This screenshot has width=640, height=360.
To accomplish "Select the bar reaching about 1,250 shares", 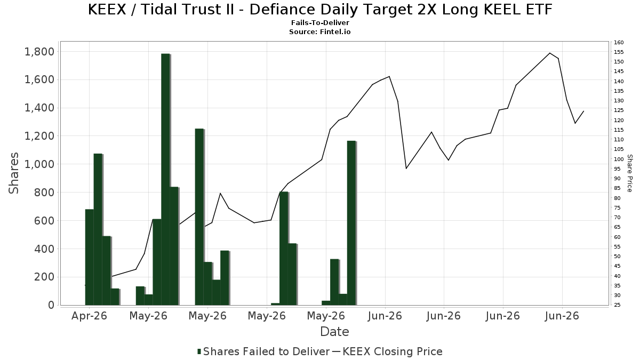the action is [199, 217].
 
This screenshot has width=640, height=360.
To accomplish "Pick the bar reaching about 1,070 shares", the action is [98, 229].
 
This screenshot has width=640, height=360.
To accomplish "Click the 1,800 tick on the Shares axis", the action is [39, 52].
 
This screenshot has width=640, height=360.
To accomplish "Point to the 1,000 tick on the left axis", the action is [39, 164].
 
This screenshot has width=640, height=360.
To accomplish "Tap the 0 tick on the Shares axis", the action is [51, 305].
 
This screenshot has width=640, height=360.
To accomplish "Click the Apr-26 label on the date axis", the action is [89, 316].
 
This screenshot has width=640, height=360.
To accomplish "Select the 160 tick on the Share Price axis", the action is [619, 43].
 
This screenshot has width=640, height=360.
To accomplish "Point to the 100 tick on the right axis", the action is [619, 159].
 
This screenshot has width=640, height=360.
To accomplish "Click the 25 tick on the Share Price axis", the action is [617, 305].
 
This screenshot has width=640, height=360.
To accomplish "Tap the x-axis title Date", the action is [334, 332].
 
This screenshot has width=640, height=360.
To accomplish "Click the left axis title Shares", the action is [14, 173].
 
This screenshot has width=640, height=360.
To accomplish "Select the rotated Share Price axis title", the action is [629, 173].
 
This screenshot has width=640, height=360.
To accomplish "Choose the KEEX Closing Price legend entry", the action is [387, 351].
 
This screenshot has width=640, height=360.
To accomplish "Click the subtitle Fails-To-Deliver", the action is [320, 23].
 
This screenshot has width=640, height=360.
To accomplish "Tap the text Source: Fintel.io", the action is [320, 31].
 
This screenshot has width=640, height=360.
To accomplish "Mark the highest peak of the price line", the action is [550, 53].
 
